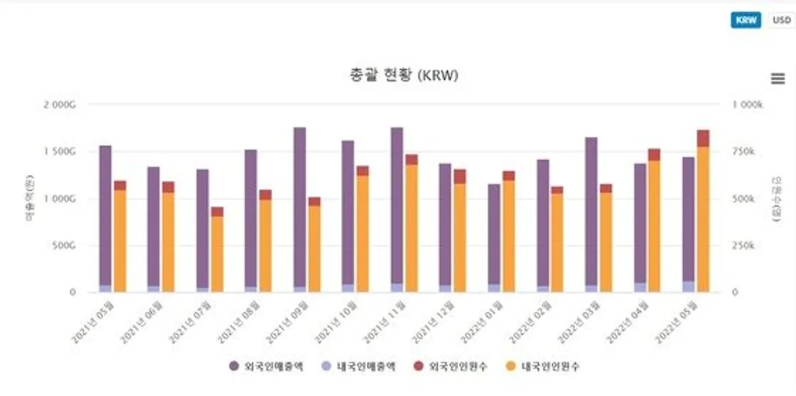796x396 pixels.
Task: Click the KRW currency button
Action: click(746, 20)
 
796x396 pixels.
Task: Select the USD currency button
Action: click(781, 20)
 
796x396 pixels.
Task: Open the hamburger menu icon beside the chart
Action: click(778, 78)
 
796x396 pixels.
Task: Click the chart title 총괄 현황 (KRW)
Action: click(404, 76)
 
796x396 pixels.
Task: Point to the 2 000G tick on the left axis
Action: click(64, 105)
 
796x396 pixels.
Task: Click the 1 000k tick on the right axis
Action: click(749, 105)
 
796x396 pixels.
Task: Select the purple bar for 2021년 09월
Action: click(300, 206)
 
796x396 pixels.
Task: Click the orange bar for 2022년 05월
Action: click(703, 219)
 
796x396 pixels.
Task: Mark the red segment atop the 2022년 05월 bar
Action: click(703, 138)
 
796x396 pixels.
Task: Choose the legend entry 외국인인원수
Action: click(451, 366)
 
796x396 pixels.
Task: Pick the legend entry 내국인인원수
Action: click(543, 366)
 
